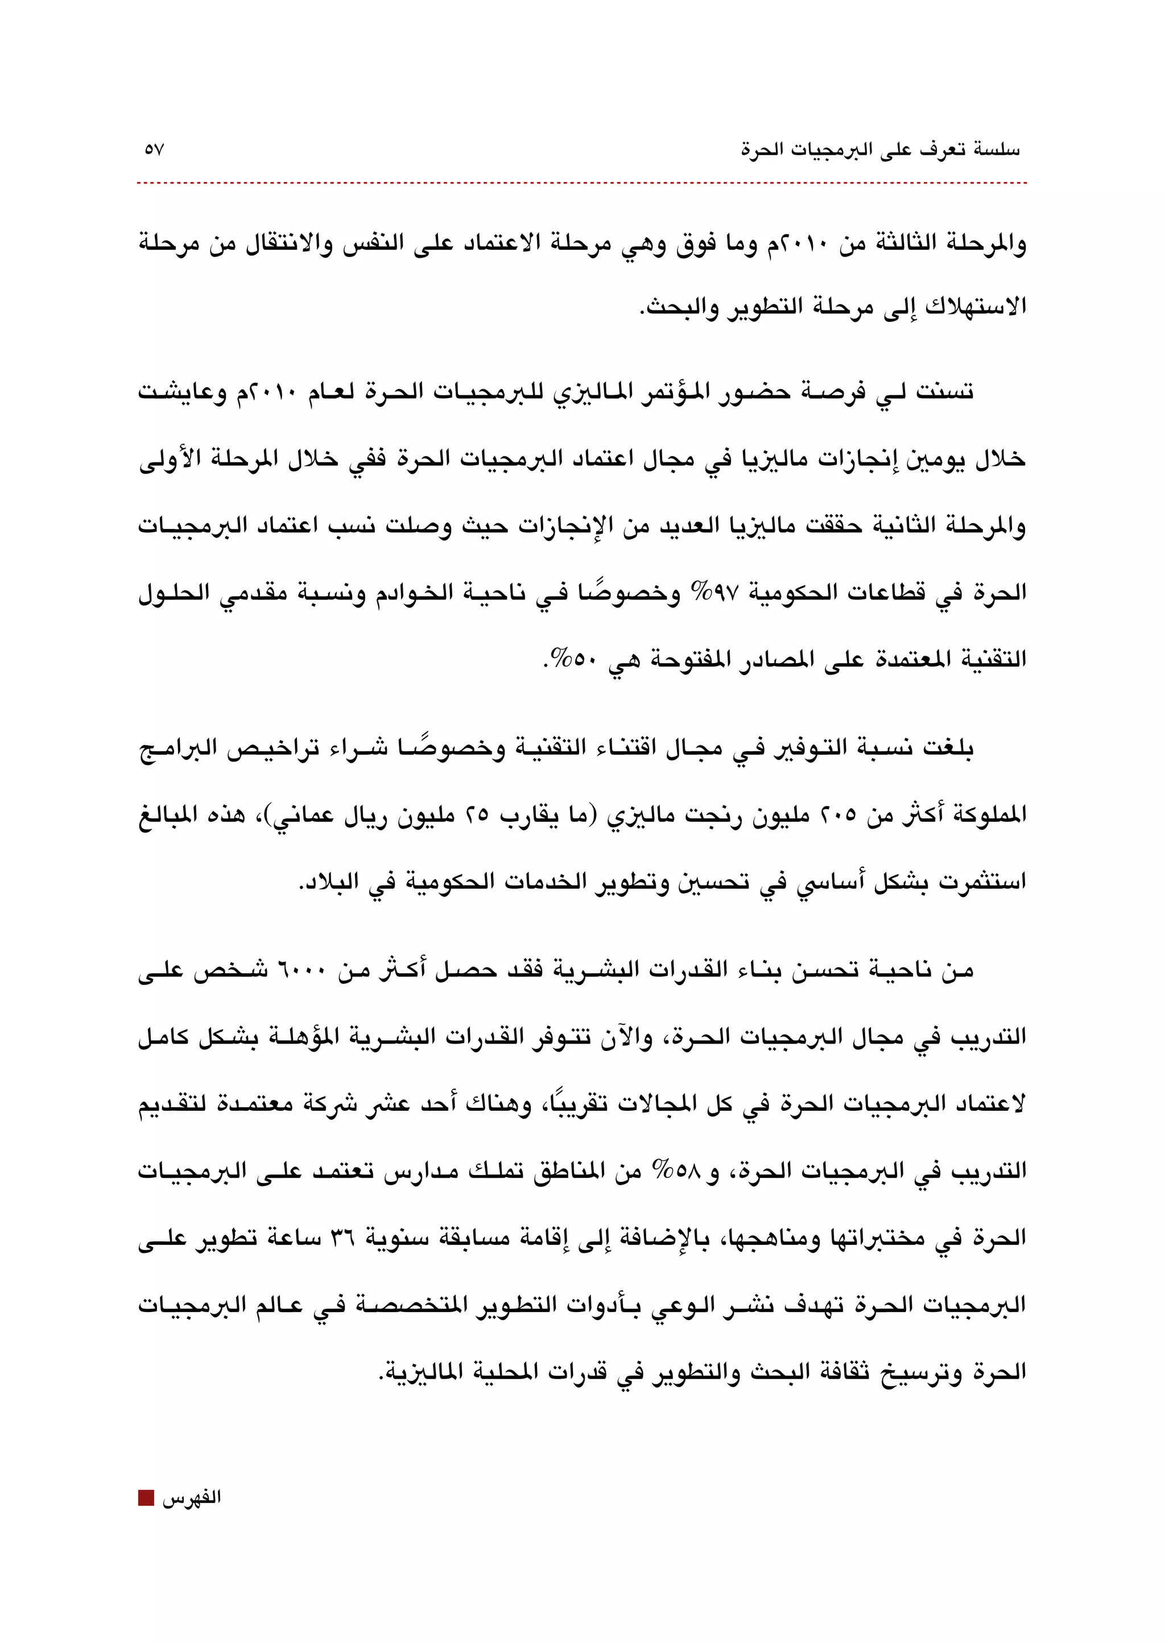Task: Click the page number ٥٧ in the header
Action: coord(154,150)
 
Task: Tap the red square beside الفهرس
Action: coord(146,1497)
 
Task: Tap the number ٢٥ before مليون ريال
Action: coord(478,816)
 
